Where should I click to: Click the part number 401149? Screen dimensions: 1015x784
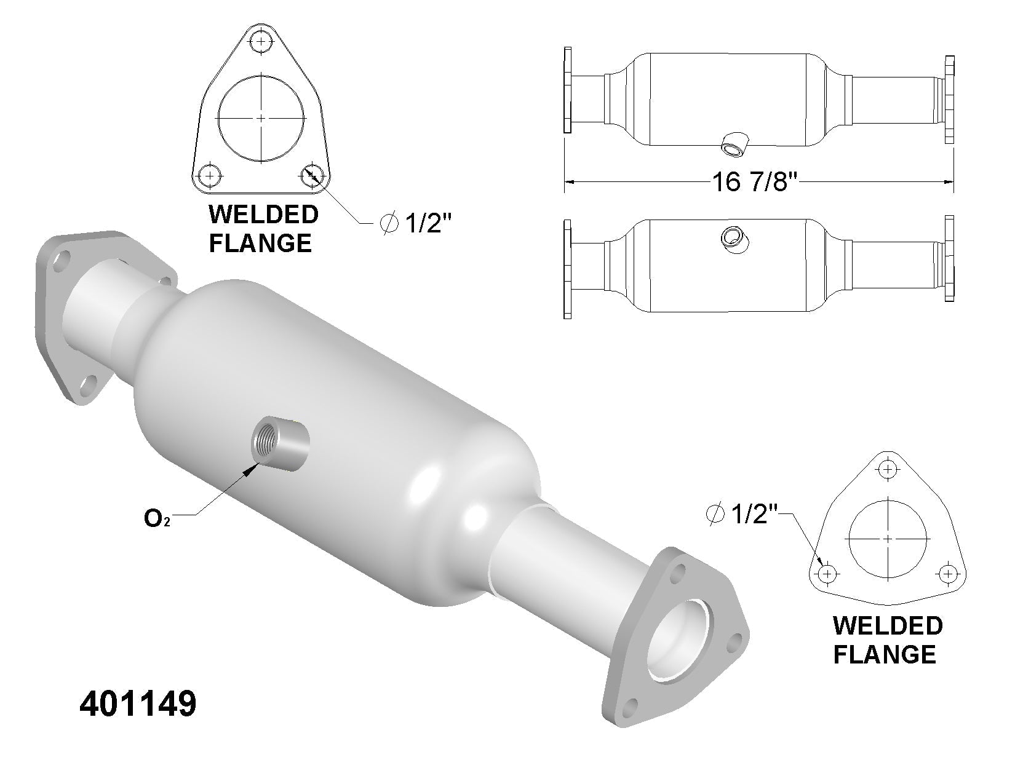coord(138,704)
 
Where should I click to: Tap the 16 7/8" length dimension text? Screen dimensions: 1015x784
coord(754,181)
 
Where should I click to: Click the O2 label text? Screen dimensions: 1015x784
coord(157,518)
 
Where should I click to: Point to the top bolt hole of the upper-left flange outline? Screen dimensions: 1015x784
coord(261,42)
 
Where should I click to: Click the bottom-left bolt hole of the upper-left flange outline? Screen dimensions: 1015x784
coord(210,176)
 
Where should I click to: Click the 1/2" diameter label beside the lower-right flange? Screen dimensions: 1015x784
coord(742,514)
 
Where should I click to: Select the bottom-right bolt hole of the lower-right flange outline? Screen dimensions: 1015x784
coord(948,573)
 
